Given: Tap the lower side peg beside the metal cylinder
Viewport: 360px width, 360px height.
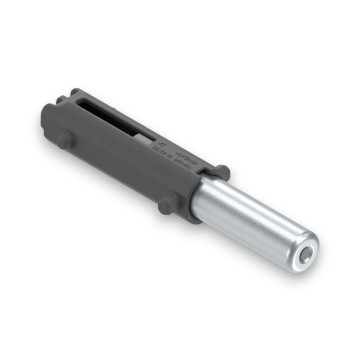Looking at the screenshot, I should point(165,206).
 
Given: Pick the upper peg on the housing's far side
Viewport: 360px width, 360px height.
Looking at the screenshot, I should point(222,172).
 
